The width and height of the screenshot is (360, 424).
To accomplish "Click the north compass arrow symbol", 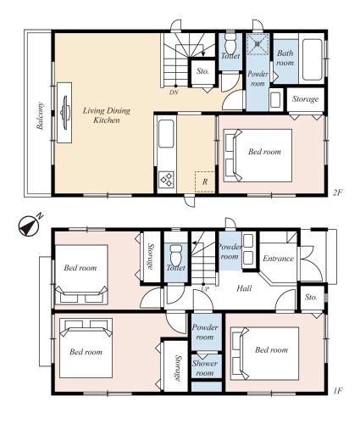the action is [29, 226].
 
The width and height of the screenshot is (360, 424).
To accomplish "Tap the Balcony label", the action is [40, 115].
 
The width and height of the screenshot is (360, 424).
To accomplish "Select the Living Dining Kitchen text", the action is [107, 115].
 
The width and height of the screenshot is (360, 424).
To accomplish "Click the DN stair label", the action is [174, 92].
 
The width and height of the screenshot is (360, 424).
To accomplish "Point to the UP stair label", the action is [205, 289].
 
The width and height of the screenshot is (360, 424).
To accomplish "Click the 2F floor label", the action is [337, 192].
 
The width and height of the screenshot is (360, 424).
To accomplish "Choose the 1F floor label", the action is [338, 391].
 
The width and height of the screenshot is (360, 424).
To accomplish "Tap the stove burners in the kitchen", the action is [166, 179].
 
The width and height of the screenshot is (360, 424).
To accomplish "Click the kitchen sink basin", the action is [166, 133].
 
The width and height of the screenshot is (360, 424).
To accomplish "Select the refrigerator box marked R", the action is [205, 181].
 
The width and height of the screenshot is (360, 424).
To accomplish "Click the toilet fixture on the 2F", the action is [230, 42].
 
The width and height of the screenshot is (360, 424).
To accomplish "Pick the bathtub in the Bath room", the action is [312, 59].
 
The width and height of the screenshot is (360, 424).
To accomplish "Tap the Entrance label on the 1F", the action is [278, 259].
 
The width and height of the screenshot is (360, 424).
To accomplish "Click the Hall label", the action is [244, 288].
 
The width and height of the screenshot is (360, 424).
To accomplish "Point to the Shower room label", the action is [205, 368].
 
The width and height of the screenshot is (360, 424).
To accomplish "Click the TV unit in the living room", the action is [64, 113].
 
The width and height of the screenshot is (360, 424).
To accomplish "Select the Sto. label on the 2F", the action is [202, 71].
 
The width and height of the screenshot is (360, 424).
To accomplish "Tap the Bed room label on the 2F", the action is [264, 152].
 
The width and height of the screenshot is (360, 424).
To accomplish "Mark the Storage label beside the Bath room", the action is [305, 99].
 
